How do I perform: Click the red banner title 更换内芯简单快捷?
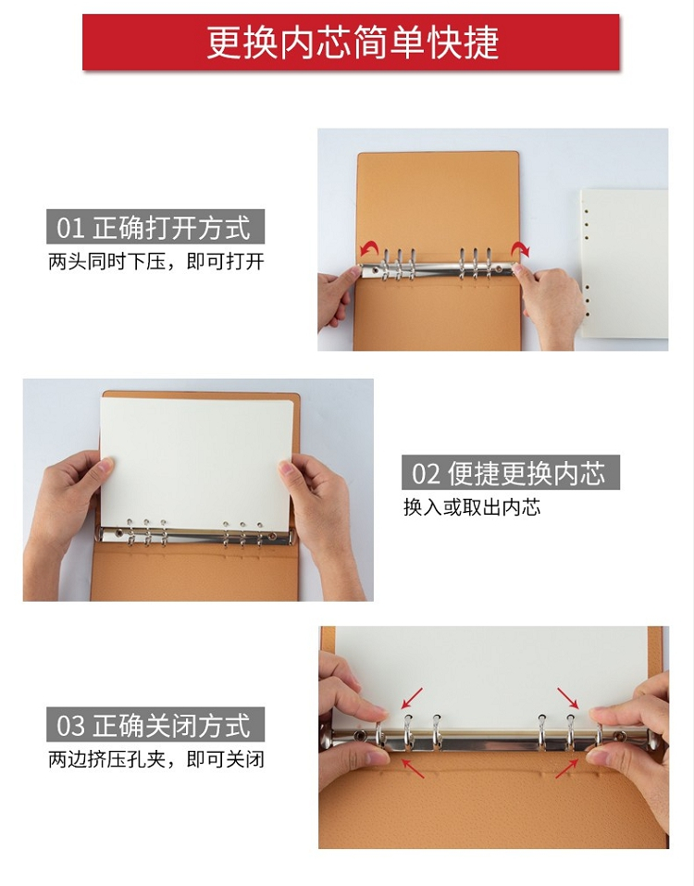pyautogui.click(x=352, y=43)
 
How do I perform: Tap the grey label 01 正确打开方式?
pyautogui.click(x=155, y=227)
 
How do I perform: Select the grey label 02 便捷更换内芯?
pyautogui.click(x=511, y=472)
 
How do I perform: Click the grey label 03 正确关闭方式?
pyautogui.click(x=155, y=724)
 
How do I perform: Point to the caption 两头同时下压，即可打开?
pyautogui.click(x=155, y=262)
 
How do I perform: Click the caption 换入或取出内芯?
pyautogui.click(x=472, y=506)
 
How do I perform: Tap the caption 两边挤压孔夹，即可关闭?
pyautogui.click(x=155, y=759)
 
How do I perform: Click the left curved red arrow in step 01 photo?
pyautogui.click(x=368, y=247)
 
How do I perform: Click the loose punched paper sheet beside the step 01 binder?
pyautogui.click(x=624, y=263)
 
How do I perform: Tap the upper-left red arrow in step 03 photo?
pyautogui.click(x=412, y=698)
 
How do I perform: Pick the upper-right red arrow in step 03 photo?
pyautogui.click(x=568, y=698)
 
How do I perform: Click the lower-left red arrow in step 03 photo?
pyautogui.click(x=412, y=768)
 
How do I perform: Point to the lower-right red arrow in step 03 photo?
pyautogui.click(x=567, y=768)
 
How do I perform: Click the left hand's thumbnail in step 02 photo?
pyautogui.click(x=105, y=465)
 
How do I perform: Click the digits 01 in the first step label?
pyautogui.click(x=70, y=228)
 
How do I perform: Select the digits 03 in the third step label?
pyautogui.click(x=70, y=725)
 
